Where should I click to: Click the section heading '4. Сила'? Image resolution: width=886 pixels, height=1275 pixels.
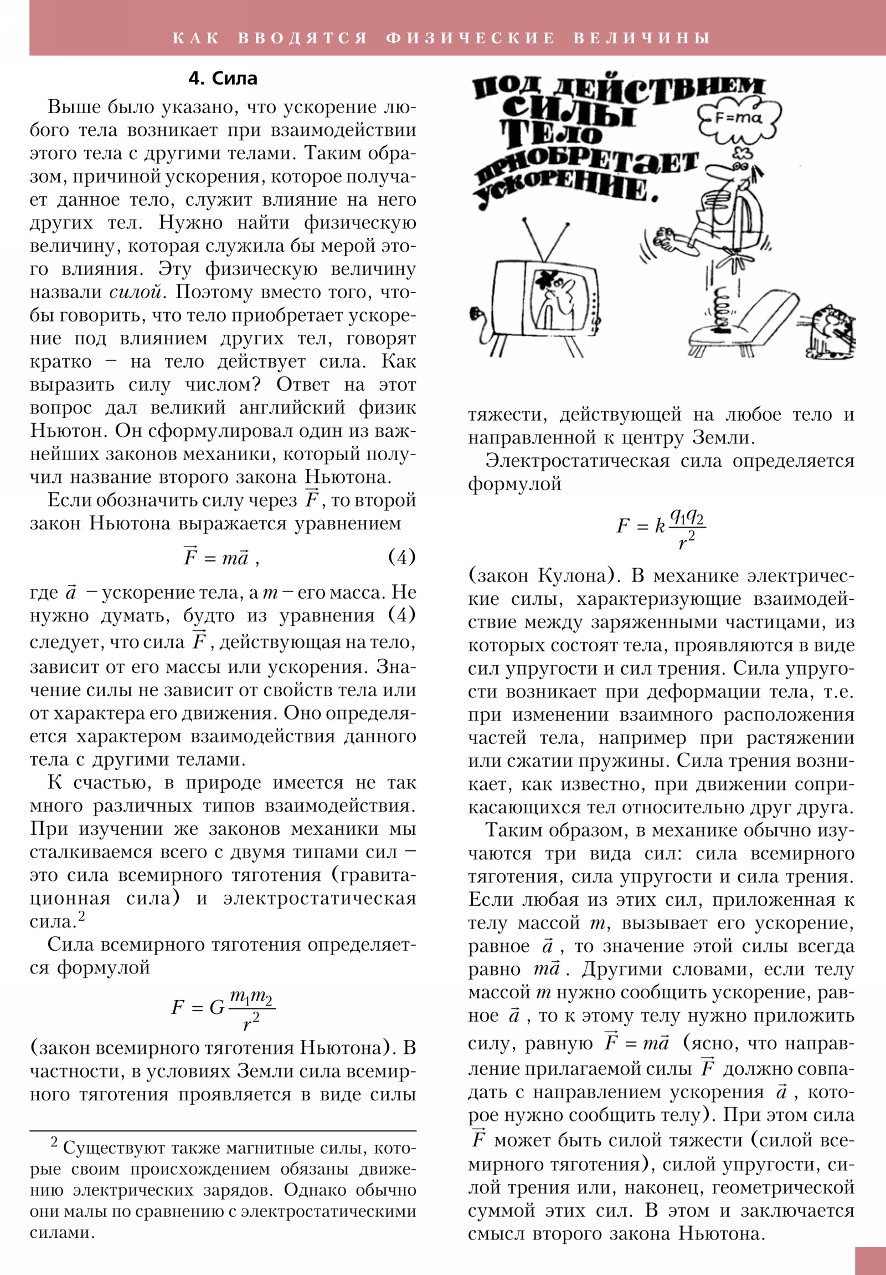click(x=223, y=79)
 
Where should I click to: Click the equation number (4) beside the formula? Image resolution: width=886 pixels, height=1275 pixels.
click(x=401, y=557)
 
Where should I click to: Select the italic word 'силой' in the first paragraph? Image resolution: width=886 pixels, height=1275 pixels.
click(x=135, y=292)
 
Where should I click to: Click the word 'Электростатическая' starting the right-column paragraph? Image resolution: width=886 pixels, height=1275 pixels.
click(x=578, y=461)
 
